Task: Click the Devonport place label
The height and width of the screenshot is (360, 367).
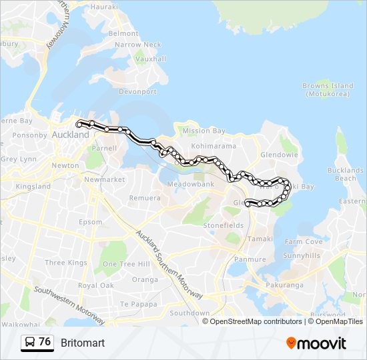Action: point(139,91)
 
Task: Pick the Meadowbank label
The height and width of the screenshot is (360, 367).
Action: point(190,183)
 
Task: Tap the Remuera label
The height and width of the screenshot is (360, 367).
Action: point(145,198)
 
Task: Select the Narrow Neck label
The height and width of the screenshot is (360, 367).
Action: point(138,45)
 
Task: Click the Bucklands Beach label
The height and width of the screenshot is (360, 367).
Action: point(346,175)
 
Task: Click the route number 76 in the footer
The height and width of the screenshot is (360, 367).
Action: point(45,342)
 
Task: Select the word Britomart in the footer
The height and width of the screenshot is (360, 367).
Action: point(83,343)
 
